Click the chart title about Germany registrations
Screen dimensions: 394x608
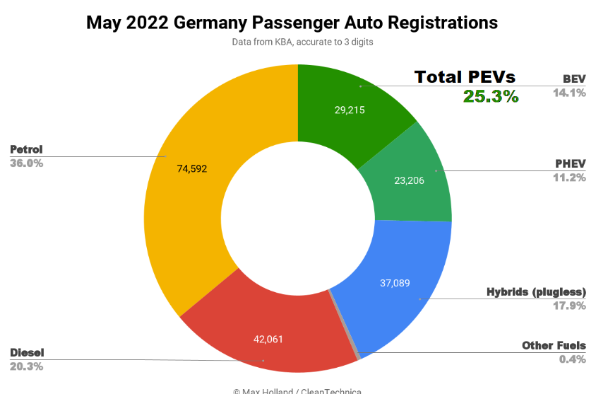292,22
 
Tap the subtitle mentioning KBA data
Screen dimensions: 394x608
302,42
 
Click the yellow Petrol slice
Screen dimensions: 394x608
191,205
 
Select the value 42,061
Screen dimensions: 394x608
268,339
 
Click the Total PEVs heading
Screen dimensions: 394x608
465,77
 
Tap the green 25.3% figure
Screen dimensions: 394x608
491,97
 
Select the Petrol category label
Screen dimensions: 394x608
26,149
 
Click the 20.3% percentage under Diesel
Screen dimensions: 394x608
27,366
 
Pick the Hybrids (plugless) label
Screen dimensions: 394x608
537,291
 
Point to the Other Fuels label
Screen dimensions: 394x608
554,345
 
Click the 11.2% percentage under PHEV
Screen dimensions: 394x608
569,178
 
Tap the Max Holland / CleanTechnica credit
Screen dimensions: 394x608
297,390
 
